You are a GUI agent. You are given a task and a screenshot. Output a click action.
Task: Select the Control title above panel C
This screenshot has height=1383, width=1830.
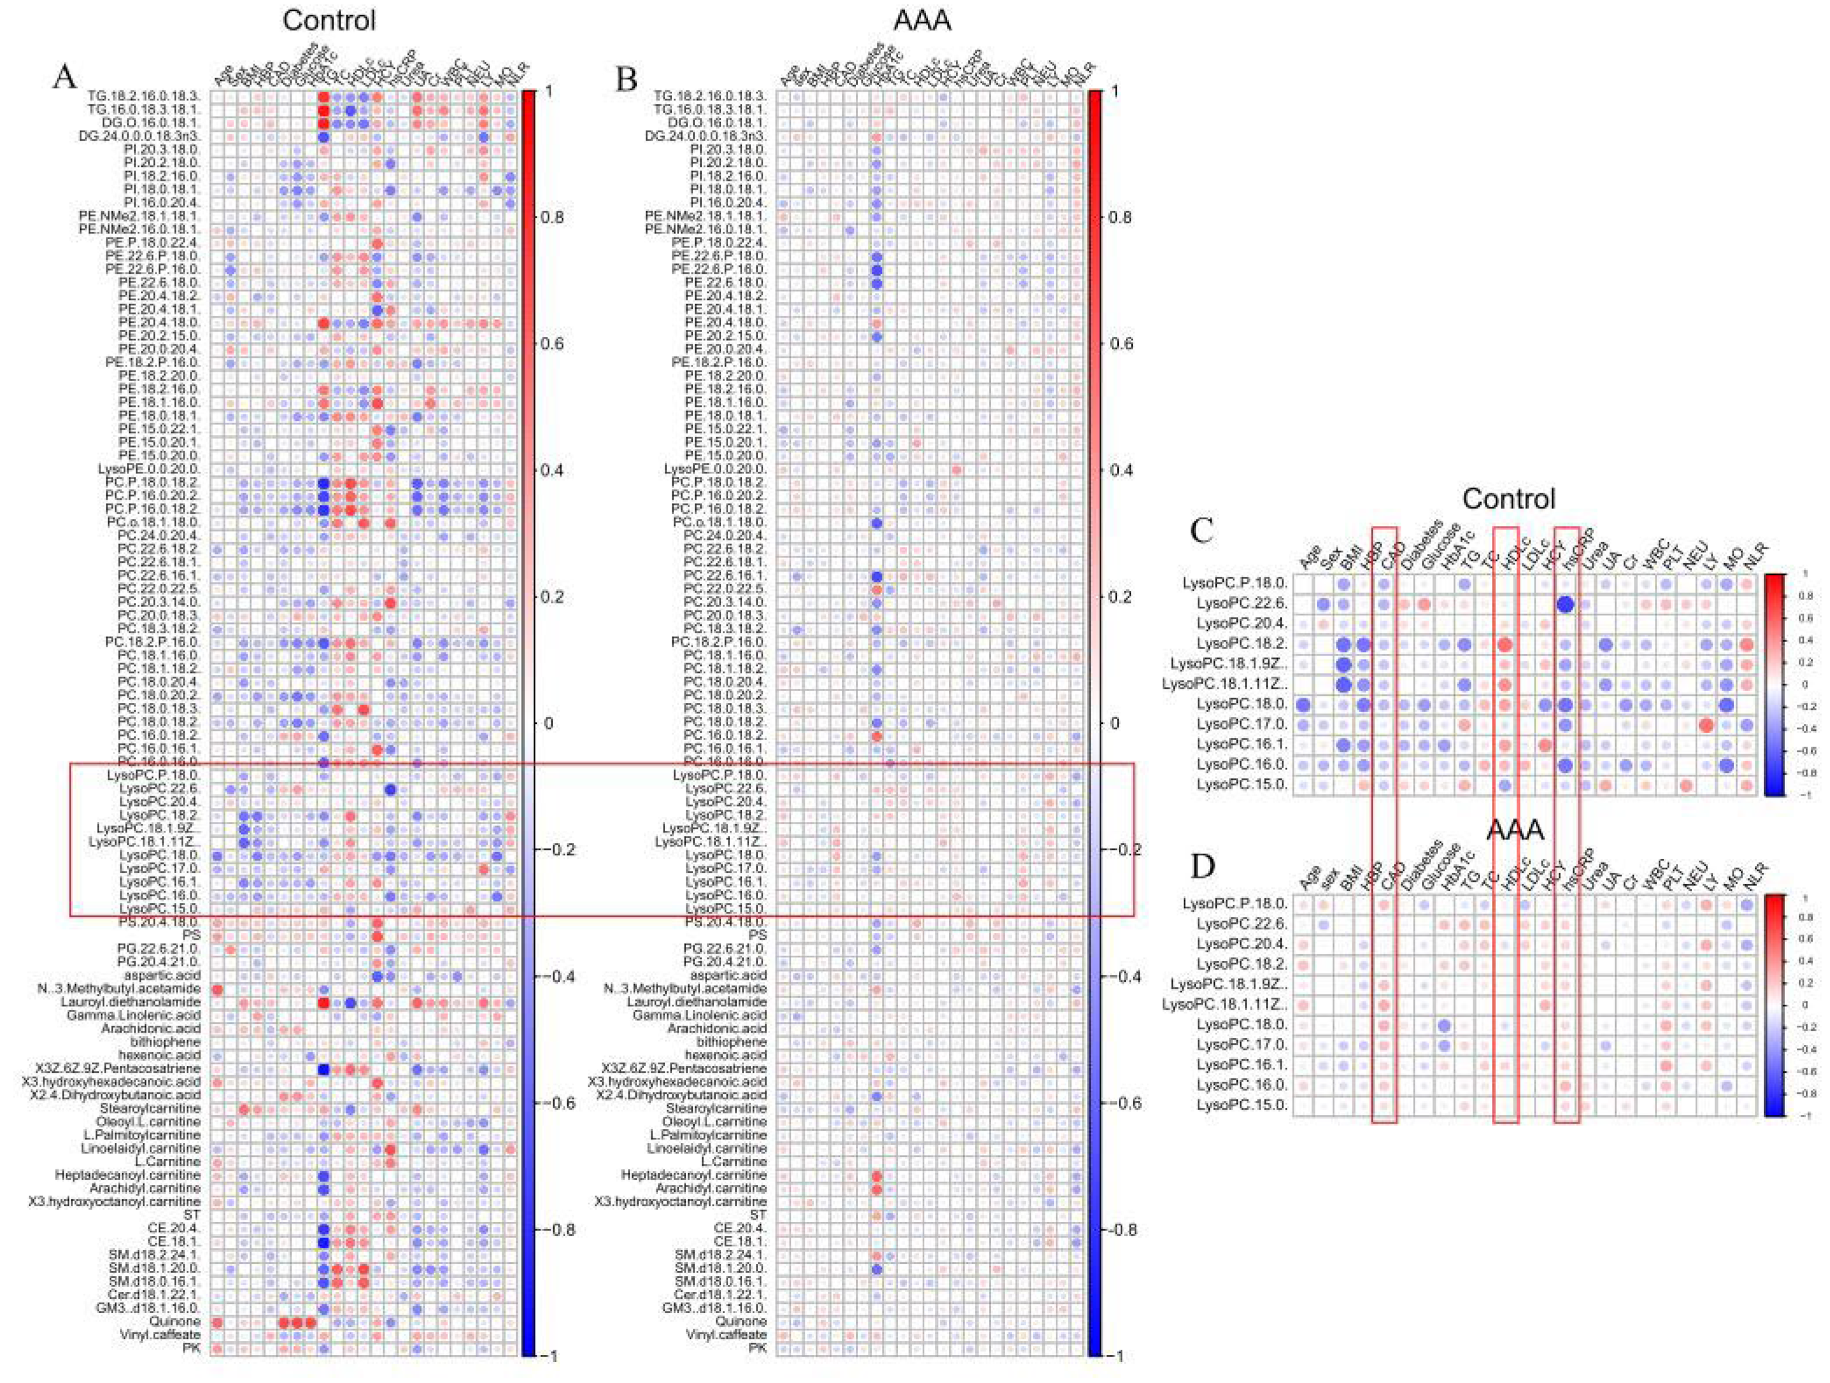click(x=1508, y=499)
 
